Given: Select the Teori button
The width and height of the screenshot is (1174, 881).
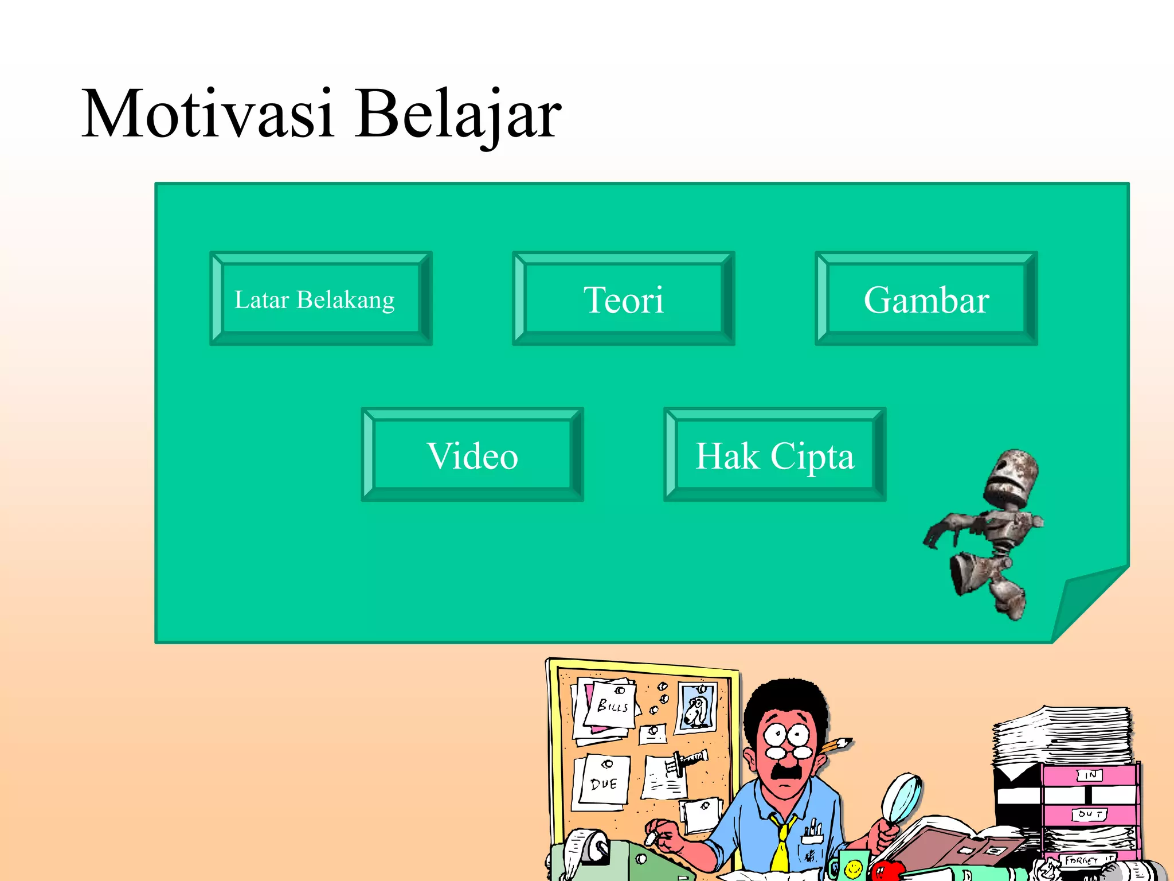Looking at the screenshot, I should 623,299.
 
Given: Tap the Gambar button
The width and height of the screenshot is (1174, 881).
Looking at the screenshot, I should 926,299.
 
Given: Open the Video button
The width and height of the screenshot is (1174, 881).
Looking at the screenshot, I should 472,455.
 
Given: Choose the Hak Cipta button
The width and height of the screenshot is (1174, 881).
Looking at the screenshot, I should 774,455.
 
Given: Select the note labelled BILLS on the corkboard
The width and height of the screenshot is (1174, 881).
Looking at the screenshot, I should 611,705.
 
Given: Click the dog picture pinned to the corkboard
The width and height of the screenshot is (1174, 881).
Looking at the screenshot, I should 696,709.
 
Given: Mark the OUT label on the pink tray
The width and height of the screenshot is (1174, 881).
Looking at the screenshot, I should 1089,814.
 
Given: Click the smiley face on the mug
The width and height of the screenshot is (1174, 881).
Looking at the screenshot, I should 854,868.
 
